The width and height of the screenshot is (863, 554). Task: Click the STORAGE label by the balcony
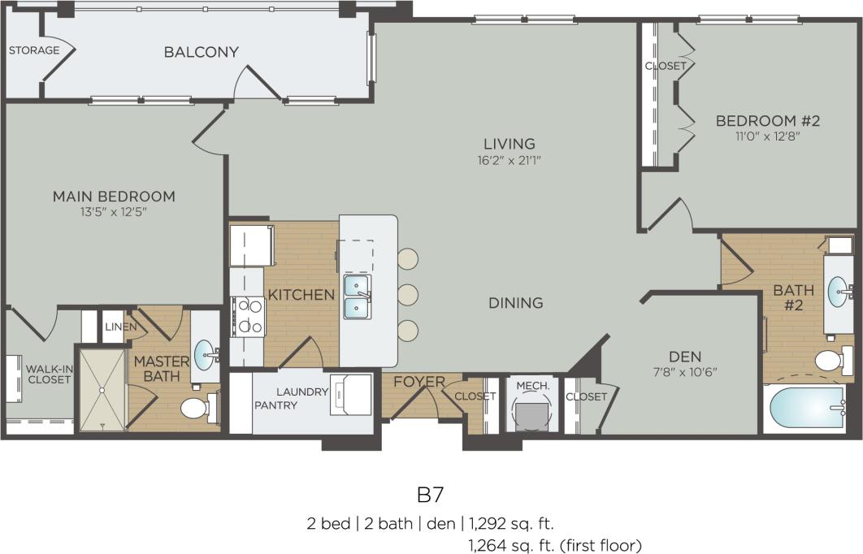[33, 50]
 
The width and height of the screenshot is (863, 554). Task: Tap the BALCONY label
[201, 52]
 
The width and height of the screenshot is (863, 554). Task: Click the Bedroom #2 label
[768, 121]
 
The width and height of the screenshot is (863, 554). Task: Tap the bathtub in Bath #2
[808, 409]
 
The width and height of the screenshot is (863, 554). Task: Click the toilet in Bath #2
[831, 359]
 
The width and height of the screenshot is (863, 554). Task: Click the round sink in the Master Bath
[206, 353]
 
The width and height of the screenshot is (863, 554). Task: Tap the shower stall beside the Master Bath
[102, 387]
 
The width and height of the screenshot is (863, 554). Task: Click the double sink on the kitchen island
[357, 296]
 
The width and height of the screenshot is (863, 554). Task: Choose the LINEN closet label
[114, 327]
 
